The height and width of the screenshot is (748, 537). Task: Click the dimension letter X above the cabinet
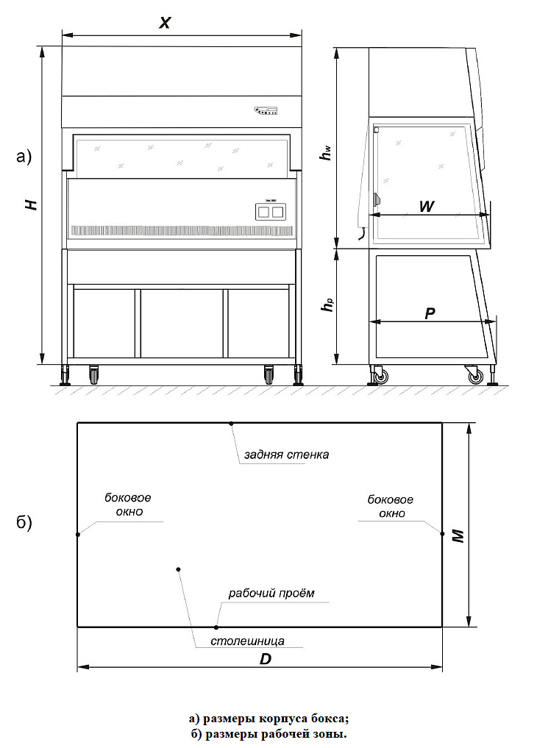[x=165, y=22]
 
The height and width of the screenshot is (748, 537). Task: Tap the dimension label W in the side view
[x=425, y=207]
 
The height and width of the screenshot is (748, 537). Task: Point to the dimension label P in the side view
[x=430, y=313]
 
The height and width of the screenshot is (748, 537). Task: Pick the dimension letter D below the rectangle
[x=266, y=659]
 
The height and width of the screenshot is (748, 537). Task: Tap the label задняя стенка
[x=286, y=455]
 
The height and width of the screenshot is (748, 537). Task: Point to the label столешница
[x=247, y=641]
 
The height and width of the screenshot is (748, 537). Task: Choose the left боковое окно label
[x=123, y=505]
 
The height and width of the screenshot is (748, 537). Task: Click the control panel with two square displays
[x=269, y=212]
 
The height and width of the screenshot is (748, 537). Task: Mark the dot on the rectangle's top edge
[x=231, y=423]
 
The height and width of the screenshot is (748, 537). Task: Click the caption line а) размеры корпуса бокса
[x=268, y=719]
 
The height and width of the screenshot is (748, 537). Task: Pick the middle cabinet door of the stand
[x=182, y=323]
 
